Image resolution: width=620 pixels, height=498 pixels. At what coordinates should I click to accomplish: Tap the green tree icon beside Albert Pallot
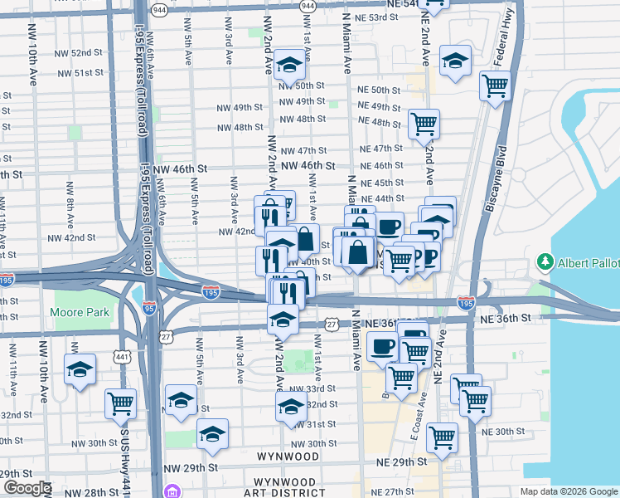click(545, 262)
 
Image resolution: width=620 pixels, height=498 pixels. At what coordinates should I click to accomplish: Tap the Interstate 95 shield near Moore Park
click(149, 310)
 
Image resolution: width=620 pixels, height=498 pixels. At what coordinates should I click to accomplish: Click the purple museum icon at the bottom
click(172, 491)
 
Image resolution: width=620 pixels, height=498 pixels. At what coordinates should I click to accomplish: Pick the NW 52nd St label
click(92, 53)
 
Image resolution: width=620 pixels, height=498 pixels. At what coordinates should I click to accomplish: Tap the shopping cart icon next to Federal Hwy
click(495, 84)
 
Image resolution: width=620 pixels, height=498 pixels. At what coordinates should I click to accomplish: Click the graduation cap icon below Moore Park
click(80, 369)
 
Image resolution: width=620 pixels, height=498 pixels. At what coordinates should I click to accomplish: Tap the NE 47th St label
click(381, 149)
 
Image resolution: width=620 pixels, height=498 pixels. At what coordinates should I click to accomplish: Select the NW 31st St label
click(308, 424)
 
